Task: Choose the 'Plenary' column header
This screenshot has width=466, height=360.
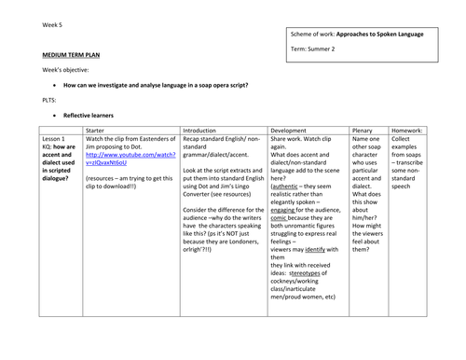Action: coord(367,132)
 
